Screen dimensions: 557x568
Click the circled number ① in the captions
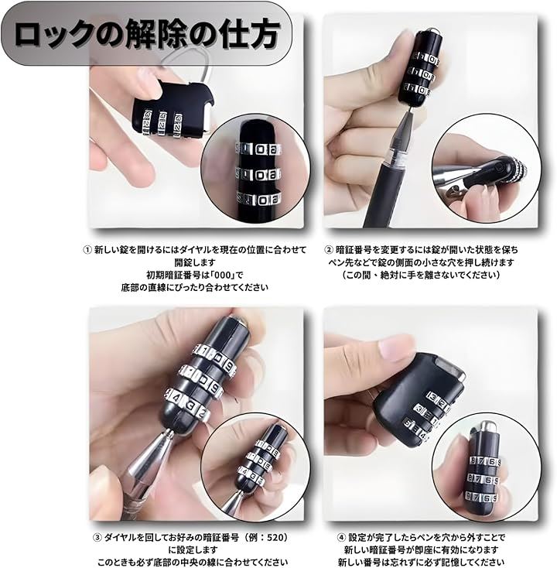(87, 250)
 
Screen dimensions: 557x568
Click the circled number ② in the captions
(329, 250)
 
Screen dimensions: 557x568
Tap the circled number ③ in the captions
(97, 538)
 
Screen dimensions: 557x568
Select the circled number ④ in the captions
(341, 538)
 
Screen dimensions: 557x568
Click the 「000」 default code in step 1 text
(221, 275)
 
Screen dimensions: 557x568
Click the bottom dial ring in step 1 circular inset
(259, 199)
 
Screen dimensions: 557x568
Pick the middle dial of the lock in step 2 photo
(421, 74)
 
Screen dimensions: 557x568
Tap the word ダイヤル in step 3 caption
(120, 538)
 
